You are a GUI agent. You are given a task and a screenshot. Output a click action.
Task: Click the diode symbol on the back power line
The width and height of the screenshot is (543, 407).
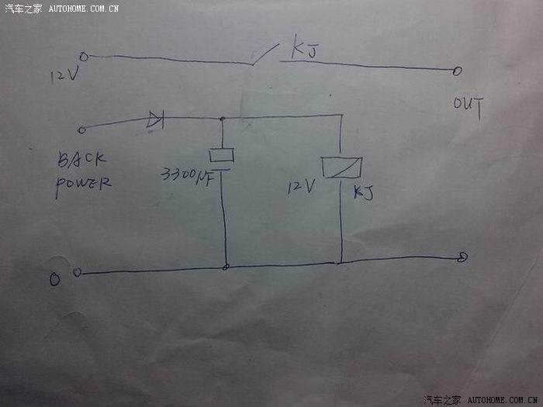tap(155, 119)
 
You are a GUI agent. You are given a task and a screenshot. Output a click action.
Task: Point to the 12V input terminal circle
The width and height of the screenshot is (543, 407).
tap(84, 56)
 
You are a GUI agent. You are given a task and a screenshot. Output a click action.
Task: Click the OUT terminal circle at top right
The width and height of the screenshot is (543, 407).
tap(457, 71)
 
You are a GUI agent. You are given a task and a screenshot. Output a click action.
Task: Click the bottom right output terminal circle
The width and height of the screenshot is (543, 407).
tap(462, 257)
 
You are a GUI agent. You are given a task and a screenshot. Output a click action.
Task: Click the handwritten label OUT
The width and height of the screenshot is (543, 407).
tap(469, 107)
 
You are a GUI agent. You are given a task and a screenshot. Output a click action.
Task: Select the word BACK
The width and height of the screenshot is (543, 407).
tap(81, 161)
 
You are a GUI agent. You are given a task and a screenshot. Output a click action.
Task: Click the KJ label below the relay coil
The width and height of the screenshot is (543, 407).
tap(363, 192)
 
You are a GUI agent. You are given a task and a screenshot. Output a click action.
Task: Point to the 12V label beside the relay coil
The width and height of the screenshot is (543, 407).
tap(299, 186)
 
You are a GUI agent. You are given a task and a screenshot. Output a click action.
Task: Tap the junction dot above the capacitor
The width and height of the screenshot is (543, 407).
tap(223, 119)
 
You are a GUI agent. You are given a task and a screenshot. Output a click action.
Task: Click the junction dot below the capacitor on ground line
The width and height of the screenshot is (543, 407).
tap(225, 267)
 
